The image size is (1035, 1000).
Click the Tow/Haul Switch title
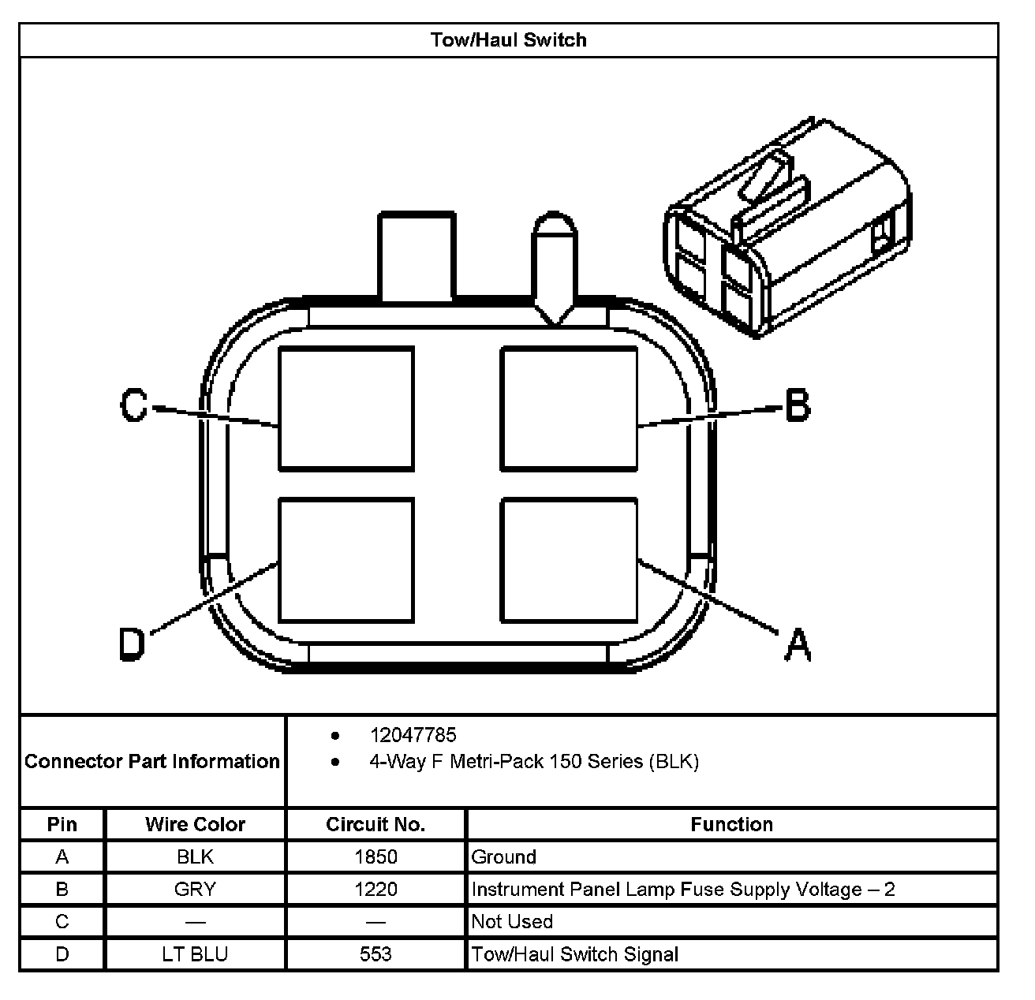(x=509, y=40)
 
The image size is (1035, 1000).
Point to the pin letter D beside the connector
(x=133, y=644)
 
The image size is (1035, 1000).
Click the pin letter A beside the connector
(x=798, y=644)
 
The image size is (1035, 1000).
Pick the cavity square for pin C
(x=346, y=409)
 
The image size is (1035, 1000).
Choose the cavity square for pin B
(x=569, y=409)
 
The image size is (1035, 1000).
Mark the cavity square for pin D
(x=346, y=560)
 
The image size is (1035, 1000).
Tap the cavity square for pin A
(x=569, y=560)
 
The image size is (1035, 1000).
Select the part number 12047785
(x=413, y=735)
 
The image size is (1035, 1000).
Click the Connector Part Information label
(x=152, y=761)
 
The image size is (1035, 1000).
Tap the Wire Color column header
(x=195, y=824)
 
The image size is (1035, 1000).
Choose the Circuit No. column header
(x=376, y=824)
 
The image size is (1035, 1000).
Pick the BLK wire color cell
(x=195, y=856)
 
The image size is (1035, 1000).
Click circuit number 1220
(x=376, y=890)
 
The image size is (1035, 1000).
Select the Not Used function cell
(x=512, y=921)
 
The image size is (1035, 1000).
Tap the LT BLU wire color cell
(x=195, y=954)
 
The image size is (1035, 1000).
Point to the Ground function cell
(x=503, y=856)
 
